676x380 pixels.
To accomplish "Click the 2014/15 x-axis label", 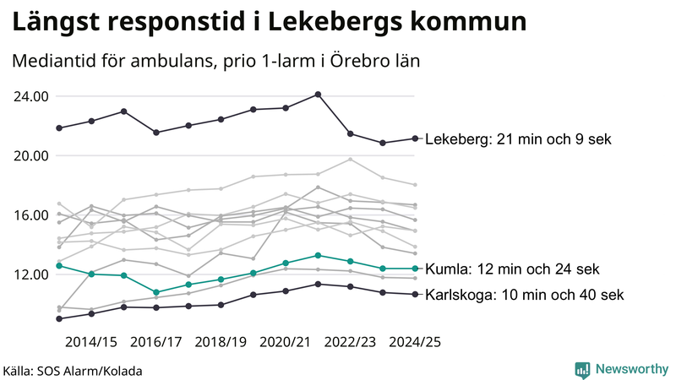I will click(91, 342).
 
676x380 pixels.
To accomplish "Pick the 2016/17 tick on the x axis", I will click(156, 342).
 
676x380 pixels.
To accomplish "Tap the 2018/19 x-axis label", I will click(221, 342).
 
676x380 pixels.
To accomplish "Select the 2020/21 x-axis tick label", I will click(286, 342).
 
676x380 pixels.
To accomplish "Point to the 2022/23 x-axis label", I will click(350, 342).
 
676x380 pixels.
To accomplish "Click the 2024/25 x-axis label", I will click(414, 342).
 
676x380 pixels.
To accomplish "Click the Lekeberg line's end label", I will click(517, 139).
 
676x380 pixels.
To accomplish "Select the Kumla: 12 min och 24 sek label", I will click(512, 269).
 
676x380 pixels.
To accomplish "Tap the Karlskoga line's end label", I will click(524, 295).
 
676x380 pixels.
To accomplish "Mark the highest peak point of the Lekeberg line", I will click(318, 95).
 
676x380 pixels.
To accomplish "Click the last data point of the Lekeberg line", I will click(414, 138).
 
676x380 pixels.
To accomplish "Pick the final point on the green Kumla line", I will click(414, 269).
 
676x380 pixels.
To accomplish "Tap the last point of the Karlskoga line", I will click(414, 294).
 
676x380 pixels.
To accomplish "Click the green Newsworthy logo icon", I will click(582, 369).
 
